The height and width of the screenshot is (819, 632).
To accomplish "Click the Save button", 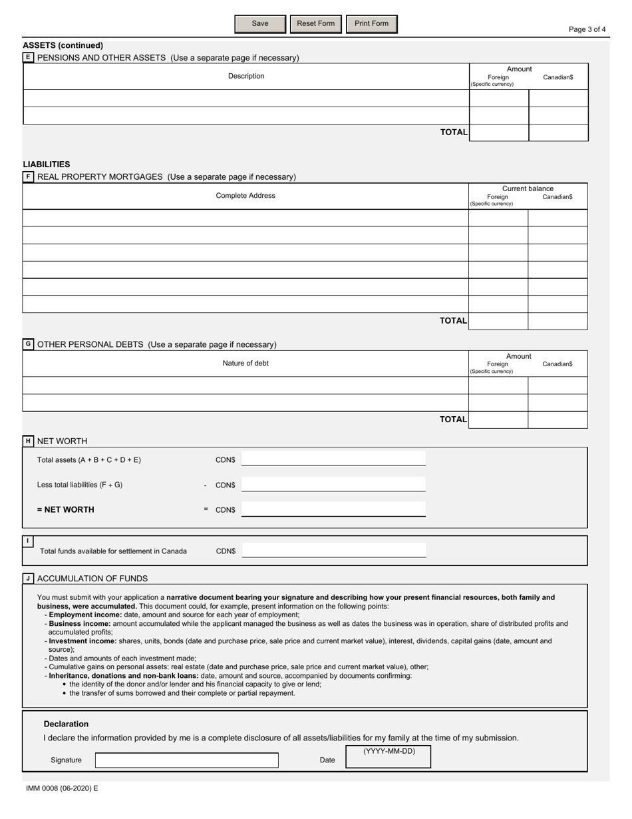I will tap(260, 24).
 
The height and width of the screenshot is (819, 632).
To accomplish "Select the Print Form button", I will tap(371, 24).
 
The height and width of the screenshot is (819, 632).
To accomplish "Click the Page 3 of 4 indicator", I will tap(587, 29).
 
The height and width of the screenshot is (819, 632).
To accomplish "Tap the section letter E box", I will tap(28, 57).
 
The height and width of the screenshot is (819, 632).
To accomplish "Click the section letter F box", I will tap(28, 176).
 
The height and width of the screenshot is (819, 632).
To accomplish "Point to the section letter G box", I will tap(28, 344).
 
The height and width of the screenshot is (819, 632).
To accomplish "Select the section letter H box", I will tap(28, 441).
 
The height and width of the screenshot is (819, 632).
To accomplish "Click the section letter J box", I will tap(28, 579).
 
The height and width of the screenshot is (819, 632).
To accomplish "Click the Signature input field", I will tap(186, 760).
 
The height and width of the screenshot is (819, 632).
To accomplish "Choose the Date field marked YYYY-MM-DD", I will tap(389, 757).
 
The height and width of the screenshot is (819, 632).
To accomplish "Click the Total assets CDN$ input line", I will tap(333, 459).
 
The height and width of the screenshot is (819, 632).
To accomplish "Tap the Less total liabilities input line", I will tap(333, 485).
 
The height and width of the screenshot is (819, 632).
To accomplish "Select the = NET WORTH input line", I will tap(333, 509).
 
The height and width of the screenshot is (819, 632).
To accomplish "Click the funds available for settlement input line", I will tap(333, 551).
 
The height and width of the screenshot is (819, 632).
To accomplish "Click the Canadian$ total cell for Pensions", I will tap(558, 133).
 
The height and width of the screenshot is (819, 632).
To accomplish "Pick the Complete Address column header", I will tap(245, 196).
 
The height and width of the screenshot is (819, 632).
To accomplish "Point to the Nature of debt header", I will tap(245, 364).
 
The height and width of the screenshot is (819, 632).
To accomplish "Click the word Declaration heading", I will tap(66, 724).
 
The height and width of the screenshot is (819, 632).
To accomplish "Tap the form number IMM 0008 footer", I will tap(62, 788).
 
